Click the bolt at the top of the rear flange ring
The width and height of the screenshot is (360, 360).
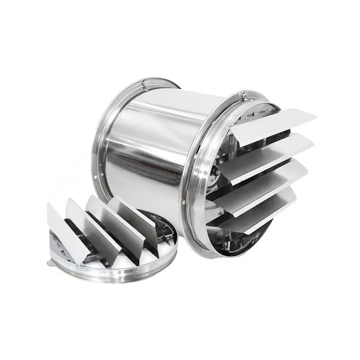(144, 82)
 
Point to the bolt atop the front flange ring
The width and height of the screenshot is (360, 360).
(243, 96)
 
